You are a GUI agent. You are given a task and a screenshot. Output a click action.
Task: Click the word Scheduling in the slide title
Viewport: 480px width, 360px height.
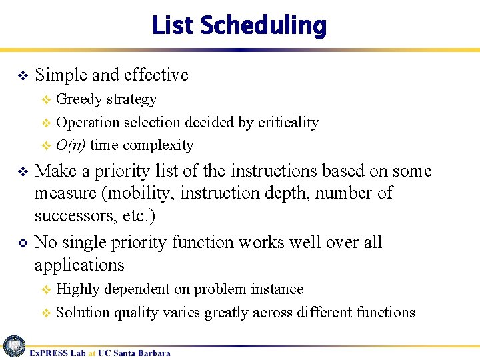(263, 26)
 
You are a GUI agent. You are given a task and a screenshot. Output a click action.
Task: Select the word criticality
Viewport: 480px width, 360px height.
(288, 123)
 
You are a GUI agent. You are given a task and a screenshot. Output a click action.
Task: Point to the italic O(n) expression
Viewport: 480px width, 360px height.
(71, 145)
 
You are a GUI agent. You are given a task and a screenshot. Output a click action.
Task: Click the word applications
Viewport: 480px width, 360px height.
(79, 265)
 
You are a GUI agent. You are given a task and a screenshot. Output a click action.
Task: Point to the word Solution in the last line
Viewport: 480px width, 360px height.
(83, 312)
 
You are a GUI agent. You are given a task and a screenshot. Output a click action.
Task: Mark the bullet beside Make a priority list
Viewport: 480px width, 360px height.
(21, 171)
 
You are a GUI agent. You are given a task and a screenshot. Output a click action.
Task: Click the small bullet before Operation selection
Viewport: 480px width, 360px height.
(46, 123)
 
